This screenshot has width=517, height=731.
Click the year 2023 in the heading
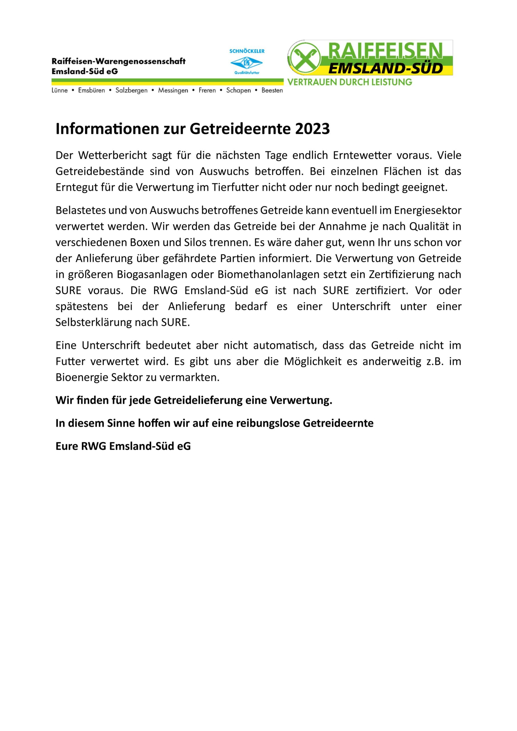(x=312, y=129)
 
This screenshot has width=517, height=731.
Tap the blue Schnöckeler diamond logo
(x=246, y=63)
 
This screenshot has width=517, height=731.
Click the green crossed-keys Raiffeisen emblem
(x=304, y=58)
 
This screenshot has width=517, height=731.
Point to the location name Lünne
(x=60, y=91)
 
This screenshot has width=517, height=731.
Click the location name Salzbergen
(x=132, y=91)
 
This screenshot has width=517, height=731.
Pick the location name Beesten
(x=272, y=91)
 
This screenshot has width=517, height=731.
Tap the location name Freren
(x=207, y=91)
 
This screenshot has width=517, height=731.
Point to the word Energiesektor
(x=428, y=210)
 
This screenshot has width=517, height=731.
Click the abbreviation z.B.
(x=435, y=362)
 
